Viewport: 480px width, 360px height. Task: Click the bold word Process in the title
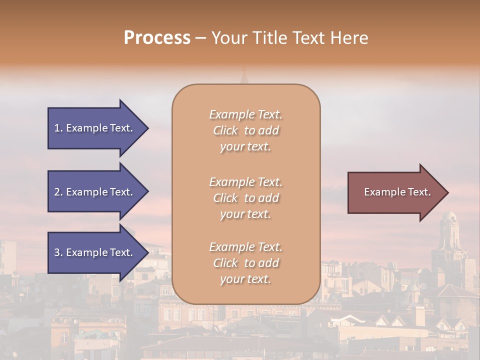coord(157,38)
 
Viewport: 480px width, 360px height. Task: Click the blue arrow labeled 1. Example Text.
coord(95,128)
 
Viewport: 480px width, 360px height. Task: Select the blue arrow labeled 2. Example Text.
coord(95,192)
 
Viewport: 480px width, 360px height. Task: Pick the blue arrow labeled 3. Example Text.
coord(95,252)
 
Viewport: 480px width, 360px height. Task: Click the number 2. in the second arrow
coord(58,192)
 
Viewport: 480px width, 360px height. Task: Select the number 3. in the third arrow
coord(58,252)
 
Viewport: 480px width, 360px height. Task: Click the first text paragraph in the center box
coord(245,130)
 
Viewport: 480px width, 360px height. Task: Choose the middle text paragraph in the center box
coord(245,198)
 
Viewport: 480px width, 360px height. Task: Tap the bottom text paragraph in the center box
coord(245,263)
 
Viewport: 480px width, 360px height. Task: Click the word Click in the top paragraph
coord(225,130)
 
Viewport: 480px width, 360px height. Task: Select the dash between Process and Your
coord(200,38)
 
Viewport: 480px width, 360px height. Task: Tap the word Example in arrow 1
coord(87,128)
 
